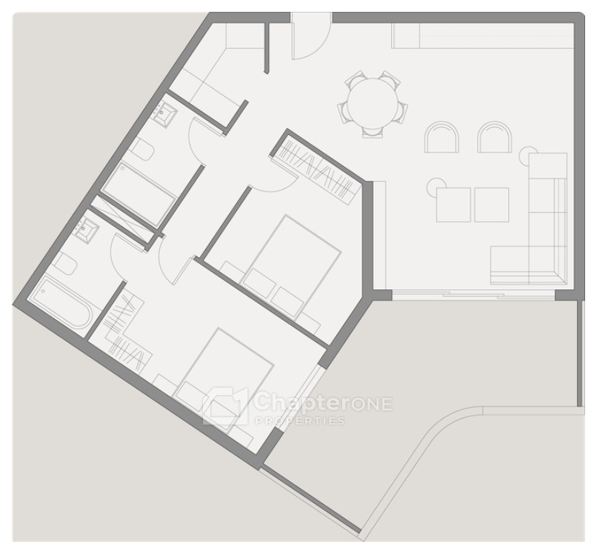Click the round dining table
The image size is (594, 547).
(x=373, y=103)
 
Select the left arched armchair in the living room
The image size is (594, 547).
(x=441, y=137)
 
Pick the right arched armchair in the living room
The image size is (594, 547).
(x=494, y=137)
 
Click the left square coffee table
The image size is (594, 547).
(x=453, y=205)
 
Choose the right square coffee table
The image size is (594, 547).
(x=492, y=205)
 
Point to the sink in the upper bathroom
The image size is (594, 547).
(x=164, y=112)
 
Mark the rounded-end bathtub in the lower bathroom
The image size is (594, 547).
(x=61, y=303)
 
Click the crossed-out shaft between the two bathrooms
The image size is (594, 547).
(x=125, y=219)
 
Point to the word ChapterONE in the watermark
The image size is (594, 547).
(x=323, y=402)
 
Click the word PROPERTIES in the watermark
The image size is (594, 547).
(x=300, y=421)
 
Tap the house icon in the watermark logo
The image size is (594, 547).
(x=225, y=406)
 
